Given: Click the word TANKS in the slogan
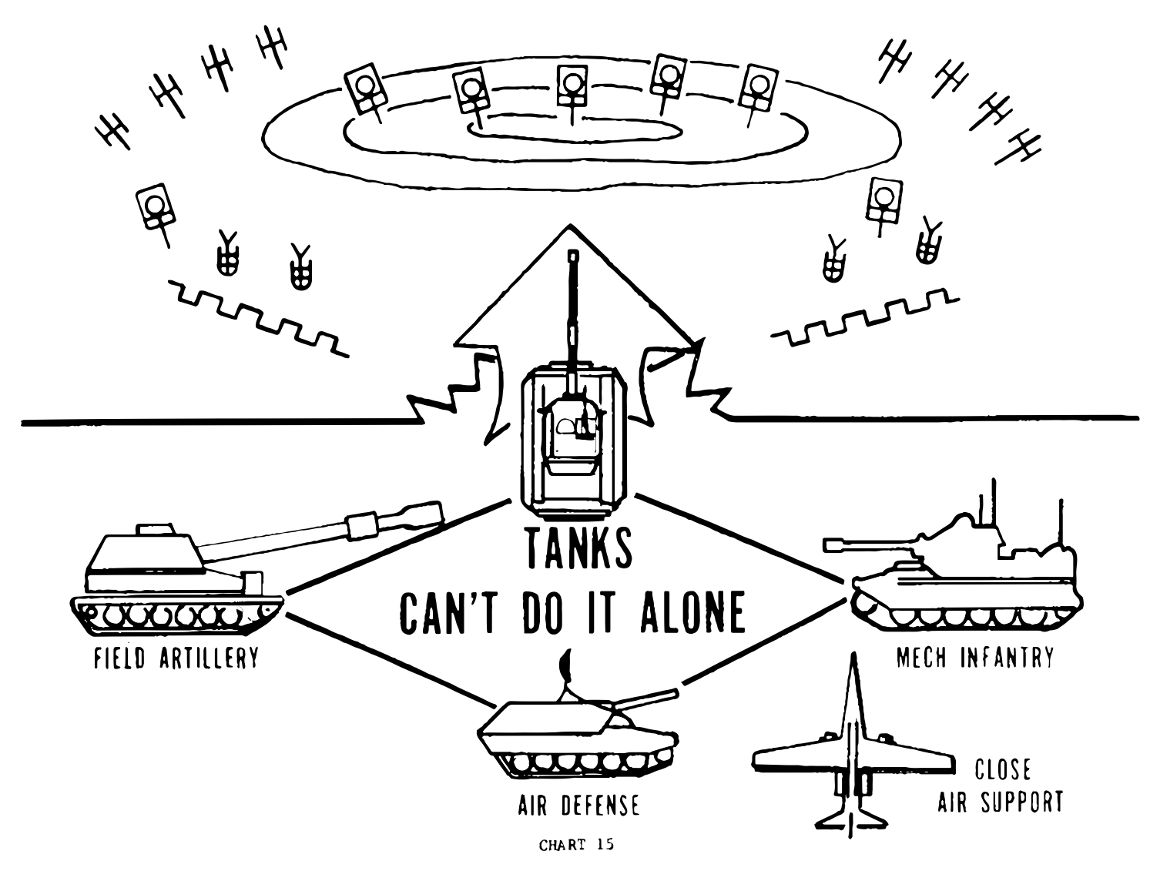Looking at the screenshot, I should point(579,548).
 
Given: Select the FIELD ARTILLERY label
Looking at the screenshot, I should point(176,659).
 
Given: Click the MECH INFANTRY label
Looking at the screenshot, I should point(974,658).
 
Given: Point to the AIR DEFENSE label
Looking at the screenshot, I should point(578,806).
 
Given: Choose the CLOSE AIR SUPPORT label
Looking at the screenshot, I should point(1001,786).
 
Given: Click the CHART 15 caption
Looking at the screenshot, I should point(577,846).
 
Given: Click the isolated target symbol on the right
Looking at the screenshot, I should point(883,199).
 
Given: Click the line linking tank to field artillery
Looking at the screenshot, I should point(397,546).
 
